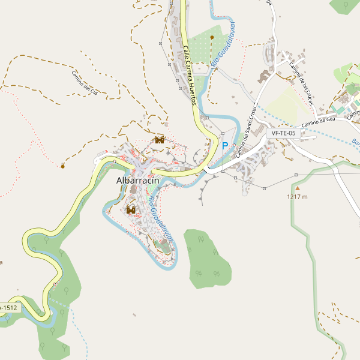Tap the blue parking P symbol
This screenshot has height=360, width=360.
(225, 146)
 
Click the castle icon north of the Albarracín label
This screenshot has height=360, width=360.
(160, 140)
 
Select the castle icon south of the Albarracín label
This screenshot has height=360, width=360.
(131, 210)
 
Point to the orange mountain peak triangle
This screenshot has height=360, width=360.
(296, 188)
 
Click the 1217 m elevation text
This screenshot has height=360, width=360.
(297, 197)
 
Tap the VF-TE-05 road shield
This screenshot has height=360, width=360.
(283, 133)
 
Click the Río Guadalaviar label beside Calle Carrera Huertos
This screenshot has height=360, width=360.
(223, 44)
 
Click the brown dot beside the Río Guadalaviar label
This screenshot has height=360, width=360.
(212, 37)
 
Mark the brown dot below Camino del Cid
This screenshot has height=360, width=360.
(63, 166)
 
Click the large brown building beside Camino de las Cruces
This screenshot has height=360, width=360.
(264, 76)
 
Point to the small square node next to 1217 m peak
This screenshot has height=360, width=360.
(296, 175)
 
